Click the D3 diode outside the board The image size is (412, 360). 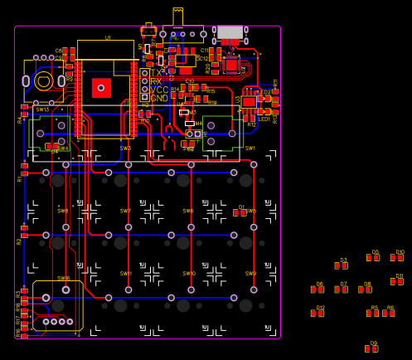pos(342,265)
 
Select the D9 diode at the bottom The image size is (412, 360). pos(372,348)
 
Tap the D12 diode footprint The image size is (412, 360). pos(318,313)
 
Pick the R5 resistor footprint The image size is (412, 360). pos(373,313)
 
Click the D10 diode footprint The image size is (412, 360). pos(397,257)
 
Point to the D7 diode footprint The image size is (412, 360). pos(342,289)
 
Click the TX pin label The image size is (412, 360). pos(157,73)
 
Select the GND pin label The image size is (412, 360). pos(159,99)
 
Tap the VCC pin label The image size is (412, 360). pos(159,90)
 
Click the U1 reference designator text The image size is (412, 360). pos(108,38)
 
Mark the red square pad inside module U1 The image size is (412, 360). pos(101,87)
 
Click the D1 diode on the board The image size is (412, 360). pos(240,212)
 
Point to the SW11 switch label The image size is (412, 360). pos(126,273)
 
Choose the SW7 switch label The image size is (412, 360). pos(125,211)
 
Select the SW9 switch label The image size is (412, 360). pos(250,273)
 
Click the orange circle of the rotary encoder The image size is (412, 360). pos(43,80)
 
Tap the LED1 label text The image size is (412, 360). pos(264,119)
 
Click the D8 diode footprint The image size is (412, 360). pos(366,289)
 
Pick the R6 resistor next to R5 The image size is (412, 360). pos(389,313)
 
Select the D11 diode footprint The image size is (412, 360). pos(397,281)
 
